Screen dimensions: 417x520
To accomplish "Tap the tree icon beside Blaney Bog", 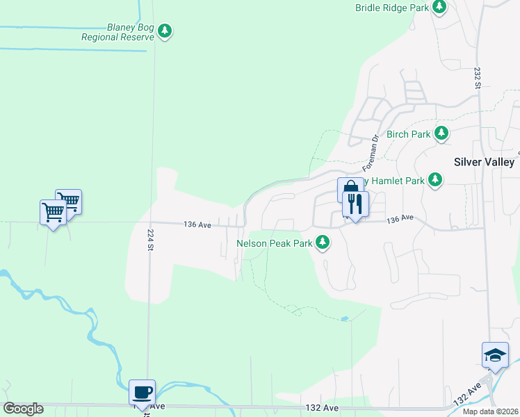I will point(165,31).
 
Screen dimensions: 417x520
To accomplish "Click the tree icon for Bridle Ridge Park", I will point(439,7).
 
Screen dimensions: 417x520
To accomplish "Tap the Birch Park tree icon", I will point(441,133).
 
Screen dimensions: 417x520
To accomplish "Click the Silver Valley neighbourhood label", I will point(483,162).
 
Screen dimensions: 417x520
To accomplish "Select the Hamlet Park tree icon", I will point(435,180).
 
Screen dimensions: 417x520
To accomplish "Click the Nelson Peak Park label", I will point(275,243).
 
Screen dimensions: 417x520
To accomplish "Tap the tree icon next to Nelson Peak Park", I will point(323,243).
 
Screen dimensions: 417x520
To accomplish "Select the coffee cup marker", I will point(142,392).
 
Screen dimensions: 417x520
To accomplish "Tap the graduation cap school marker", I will point(494,355).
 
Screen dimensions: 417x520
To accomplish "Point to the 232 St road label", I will point(478,78).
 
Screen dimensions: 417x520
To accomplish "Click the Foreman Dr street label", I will point(369,154).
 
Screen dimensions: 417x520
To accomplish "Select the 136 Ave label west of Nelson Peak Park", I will point(197,224).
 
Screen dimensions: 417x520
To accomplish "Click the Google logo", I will point(23,409).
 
